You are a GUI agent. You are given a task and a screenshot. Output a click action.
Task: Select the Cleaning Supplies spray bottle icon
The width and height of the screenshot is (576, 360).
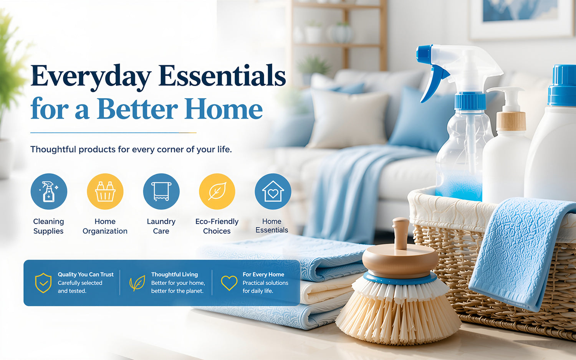coord(49,192)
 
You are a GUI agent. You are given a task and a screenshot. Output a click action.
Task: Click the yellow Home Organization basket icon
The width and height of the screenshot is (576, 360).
coord(105,192)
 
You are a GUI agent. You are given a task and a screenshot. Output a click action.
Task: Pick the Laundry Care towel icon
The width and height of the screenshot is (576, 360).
coord(161,192)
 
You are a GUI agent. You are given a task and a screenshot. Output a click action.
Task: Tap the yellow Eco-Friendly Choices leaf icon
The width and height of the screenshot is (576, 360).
coord(217,192)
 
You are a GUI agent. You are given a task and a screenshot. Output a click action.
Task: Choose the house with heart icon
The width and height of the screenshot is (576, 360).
coord(273,192)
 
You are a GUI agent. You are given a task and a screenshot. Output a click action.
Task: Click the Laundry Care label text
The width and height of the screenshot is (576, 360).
coord(161,226)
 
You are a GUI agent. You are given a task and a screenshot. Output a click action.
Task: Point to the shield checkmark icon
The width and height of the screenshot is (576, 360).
coord(43,283)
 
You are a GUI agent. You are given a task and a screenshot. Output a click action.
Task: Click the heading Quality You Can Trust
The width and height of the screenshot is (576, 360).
coord(85,274)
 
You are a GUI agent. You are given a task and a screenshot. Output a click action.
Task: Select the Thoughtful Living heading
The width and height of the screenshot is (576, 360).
coord(174,274)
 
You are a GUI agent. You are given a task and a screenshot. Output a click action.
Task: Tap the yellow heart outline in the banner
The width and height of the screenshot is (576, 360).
coord(229,283)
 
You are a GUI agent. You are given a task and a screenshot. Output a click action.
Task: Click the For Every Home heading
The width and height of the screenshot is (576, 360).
coord(263,274)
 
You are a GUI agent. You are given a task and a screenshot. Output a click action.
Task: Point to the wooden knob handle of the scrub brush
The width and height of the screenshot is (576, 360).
coord(401,233)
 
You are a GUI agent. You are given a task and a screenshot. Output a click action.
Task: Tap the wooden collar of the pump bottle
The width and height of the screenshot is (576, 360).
coord(511,121)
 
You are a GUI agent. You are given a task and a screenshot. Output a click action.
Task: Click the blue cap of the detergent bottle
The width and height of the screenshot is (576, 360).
coord(563,85)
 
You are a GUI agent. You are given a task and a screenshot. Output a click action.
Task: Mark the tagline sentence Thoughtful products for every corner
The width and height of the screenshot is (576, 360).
coord(131,149)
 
